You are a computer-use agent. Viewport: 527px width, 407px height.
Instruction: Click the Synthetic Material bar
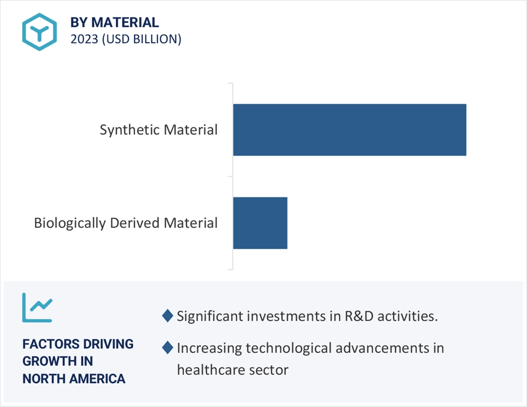[x=350, y=130]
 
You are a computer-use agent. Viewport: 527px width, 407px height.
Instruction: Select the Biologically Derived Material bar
[x=260, y=223]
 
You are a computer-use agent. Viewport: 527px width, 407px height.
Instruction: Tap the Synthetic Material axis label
[x=159, y=130]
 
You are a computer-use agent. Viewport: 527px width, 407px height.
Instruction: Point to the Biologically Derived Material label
[x=126, y=223]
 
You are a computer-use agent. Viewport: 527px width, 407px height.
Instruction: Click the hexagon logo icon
[x=40, y=32]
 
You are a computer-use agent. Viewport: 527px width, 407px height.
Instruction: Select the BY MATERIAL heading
[x=114, y=22]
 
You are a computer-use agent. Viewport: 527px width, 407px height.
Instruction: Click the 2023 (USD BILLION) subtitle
[x=126, y=39]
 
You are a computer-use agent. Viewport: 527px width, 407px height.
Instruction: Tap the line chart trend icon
[x=37, y=307]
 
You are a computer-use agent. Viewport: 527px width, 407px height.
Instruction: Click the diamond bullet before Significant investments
[x=168, y=316]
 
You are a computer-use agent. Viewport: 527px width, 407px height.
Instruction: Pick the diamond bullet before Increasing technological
[x=168, y=348]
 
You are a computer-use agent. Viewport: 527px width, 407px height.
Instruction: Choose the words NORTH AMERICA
[x=74, y=379]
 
